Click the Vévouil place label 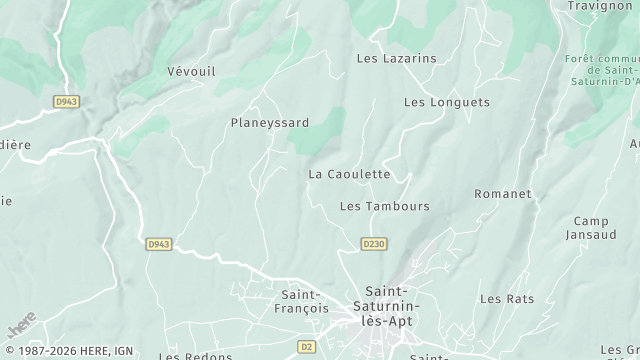point(191,72)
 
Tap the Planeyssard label point(269,123)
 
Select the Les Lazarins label point(397,59)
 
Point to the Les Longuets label point(447,102)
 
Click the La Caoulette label point(349,174)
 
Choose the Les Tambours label point(385,207)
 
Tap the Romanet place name point(502,193)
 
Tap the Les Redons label point(196,356)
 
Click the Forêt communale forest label point(603,70)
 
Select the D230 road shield point(373,243)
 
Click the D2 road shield point(307,347)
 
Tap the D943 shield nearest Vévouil point(66,102)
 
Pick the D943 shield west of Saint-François point(158,243)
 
